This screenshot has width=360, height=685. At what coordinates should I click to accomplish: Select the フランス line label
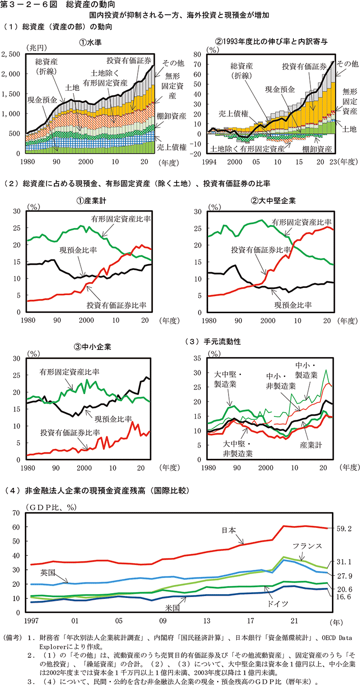308,546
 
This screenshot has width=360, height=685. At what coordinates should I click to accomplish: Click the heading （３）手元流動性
212,341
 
